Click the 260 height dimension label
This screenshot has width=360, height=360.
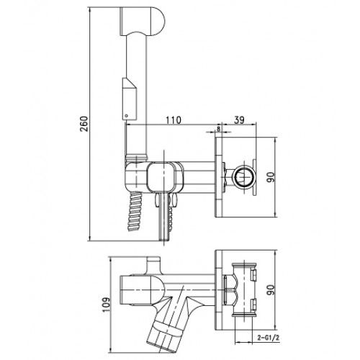(x=84, y=124)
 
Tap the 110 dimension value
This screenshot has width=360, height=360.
(x=174, y=120)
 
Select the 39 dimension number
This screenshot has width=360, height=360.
(x=239, y=120)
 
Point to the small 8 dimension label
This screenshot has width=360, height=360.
(x=218, y=129)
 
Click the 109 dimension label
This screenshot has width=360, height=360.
(x=107, y=305)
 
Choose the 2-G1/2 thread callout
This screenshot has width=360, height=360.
(x=269, y=338)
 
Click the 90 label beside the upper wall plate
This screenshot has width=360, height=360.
(x=271, y=177)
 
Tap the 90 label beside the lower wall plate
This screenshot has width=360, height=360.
(x=271, y=290)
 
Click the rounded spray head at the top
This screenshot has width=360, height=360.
(x=142, y=22)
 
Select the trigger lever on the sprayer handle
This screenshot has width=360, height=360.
(x=130, y=99)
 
